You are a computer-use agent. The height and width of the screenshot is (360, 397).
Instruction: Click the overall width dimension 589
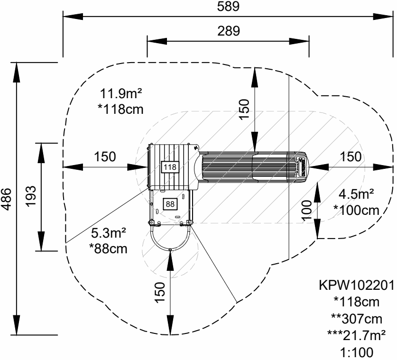tap(228, 6)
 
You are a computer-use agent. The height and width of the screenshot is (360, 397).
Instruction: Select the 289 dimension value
tap(228, 31)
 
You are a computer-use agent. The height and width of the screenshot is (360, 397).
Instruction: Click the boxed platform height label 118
tap(170, 167)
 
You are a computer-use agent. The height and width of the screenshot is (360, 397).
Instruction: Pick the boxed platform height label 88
tap(170, 204)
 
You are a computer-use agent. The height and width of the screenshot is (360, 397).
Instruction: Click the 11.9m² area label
tap(121, 93)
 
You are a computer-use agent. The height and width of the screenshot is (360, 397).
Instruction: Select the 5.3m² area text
tap(109, 233)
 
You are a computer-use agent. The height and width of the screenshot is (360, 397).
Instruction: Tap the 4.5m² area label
tap(356, 194)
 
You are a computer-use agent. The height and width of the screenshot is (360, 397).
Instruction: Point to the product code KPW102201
tap(357, 286)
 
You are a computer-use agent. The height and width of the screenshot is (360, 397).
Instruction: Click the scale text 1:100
tap(357, 352)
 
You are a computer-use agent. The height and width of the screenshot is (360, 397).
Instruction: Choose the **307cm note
tap(357, 319)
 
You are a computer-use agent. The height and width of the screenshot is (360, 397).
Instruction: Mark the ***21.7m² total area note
tap(357, 336)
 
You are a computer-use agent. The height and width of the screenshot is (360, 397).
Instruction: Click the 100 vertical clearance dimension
tap(307, 211)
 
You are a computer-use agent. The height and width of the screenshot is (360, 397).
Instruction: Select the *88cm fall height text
tap(108, 249)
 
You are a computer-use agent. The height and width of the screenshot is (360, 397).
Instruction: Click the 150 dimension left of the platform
tap(105, 157)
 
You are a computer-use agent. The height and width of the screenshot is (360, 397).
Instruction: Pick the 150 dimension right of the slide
tap(351, 157)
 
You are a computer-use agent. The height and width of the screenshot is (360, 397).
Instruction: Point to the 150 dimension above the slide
tap(244, 110)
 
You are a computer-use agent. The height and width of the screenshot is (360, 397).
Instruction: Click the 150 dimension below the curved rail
tap(160, 292)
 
